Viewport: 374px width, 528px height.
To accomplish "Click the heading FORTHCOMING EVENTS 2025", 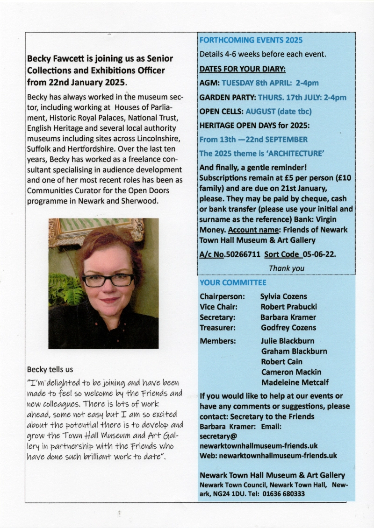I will click(251, 40).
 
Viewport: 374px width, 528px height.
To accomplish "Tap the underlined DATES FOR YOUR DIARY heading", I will click(242, 69).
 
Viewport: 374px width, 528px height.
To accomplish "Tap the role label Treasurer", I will click(217, 327).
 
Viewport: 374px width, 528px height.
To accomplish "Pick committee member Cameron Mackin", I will click(291, 372).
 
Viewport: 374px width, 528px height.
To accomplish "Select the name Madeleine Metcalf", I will click(295, 382).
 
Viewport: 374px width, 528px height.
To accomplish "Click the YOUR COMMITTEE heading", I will click(233, 282).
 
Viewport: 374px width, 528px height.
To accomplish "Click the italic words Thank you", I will click(286, 268).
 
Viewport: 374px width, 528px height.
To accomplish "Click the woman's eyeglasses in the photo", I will click(108, 280).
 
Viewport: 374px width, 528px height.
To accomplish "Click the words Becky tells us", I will click(50, 369).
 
